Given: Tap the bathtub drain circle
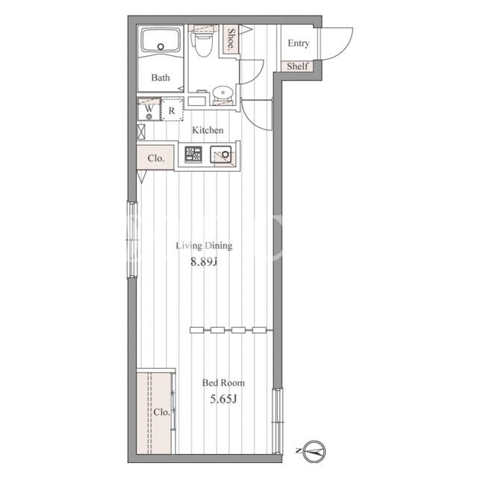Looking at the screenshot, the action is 161,46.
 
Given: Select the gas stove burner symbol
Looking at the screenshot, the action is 193,155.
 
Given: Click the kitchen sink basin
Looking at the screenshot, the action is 221,155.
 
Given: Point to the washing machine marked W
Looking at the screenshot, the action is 149,109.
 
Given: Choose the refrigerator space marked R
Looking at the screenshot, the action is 172,109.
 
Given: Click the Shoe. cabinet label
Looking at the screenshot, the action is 232,40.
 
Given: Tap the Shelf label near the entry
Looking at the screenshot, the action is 297,66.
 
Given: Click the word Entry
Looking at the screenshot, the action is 299,43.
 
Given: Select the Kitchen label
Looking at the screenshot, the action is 208,130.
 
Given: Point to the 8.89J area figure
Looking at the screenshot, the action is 204,261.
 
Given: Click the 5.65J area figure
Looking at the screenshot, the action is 223,399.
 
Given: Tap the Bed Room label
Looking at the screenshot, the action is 223,383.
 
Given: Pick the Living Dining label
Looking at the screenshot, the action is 204,246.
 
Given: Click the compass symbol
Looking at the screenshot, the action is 314,451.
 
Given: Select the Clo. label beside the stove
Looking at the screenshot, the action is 156,158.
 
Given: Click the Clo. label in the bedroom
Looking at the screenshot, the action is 161,412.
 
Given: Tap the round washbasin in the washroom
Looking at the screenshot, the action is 223,93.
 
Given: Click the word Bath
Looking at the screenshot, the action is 161,78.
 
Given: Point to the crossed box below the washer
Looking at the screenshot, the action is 141,131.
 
